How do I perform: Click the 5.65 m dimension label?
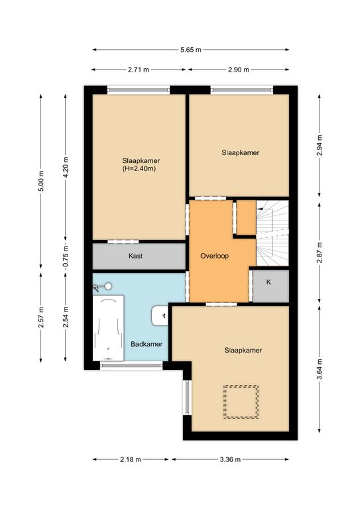(x=190, y=50)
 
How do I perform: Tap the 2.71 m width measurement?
(x=139, y=70)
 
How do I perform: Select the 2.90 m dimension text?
(x=239, y=70)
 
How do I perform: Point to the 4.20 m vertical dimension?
(x=66, y=167)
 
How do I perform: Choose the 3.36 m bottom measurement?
(x=230, y=459)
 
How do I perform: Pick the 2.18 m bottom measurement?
(x=131, y=459)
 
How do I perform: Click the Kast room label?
(x=135, y=256)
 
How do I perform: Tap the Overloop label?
(x=214, y=256)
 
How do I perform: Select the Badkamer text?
(x=147, y=344)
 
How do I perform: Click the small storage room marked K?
(x=270, y=286)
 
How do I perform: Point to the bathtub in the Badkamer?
(x=109, y=327)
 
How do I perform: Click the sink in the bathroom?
(x=160, y=315)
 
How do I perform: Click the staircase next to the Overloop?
(x=272, y=233)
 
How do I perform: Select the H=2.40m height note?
(x=139, y=169)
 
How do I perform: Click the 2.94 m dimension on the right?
(x=320, y=144)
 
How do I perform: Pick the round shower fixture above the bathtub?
(x=109, y=286)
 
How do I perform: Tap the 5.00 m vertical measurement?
(x=41, y=181)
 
